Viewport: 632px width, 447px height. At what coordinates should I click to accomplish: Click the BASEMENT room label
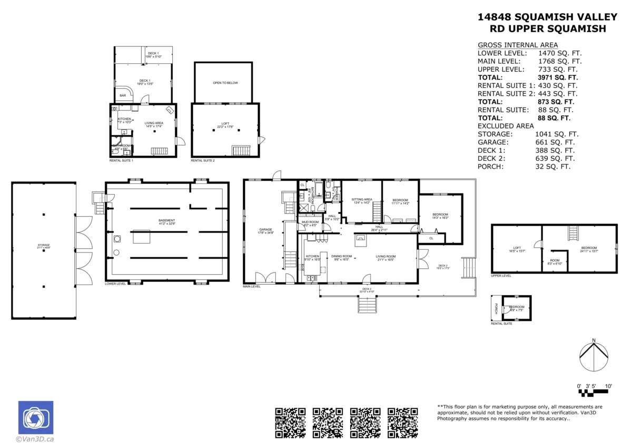[x=167, y=220]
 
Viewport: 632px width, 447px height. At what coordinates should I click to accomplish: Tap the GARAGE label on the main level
[x=266, y=230]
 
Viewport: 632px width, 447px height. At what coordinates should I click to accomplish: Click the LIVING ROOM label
[x=386, y=257]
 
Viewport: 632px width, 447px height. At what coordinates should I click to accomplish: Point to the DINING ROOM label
[x=341, y=257]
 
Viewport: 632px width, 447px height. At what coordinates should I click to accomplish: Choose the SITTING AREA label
[x=362, y=199]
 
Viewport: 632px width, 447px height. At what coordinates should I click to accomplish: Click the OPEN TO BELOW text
[x=225, y=83]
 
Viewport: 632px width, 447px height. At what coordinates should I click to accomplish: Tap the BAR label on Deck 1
[x=123, y=95]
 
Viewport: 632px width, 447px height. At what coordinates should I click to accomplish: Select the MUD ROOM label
[x=310, y=222]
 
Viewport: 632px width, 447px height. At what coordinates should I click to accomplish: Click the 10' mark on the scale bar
[x=608, y=386]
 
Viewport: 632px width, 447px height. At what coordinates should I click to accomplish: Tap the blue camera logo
[x=36, y=418]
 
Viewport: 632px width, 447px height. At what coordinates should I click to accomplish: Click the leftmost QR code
[x=291, y=423]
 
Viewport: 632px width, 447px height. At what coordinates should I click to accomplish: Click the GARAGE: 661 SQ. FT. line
[x=526, y=142]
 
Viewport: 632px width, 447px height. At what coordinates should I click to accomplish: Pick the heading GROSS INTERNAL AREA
[x=518, y=45]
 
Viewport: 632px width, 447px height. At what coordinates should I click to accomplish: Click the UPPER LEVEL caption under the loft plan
[x=501, y=276]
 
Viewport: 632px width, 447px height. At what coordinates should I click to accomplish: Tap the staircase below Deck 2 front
[x=367, y=305]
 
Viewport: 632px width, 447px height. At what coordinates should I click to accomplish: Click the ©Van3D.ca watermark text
[x=35, y=439]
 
